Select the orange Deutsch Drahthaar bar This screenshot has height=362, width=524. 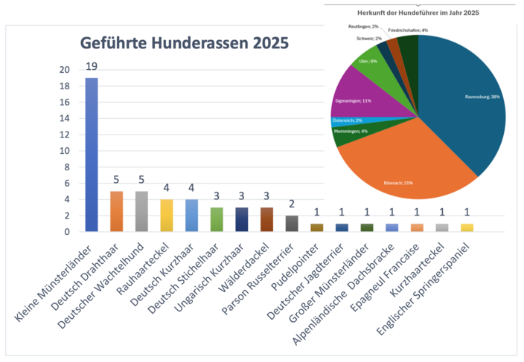(x=116, y=212)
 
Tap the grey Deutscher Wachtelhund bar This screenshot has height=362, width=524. (x=141, y=212)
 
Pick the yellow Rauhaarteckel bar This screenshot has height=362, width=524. (x=167, y=216)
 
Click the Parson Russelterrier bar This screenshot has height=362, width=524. (x=292, y=224)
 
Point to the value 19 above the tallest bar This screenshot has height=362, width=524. (x=92, y=66)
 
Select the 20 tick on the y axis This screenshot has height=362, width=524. (x=65, y=70)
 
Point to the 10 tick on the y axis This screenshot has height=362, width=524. (x=65, y=151)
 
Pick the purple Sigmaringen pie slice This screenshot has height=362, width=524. (x=365, y=93)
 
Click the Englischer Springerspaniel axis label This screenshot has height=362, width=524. (x=432, y=283)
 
